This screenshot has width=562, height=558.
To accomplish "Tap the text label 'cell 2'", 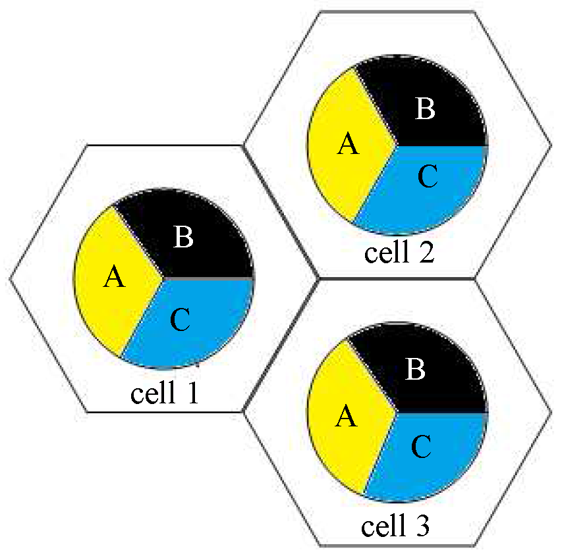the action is click(x=399, y=253).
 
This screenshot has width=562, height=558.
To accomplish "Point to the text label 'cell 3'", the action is click(x=396, y=526).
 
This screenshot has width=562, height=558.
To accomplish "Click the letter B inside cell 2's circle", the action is click(x=426, y=109).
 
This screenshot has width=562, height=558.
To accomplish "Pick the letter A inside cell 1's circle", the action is click(x=115, y=278).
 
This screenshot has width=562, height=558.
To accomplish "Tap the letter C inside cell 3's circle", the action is click(x=421, y=447).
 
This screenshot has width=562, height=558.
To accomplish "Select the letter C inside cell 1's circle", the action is click(x=180, y=320).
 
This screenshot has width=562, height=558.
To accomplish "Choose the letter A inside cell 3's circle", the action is click(x=347, y=417).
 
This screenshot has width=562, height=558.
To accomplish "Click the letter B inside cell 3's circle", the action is click(x=415, y=370).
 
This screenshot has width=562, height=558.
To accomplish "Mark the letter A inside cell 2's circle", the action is click(x=348, y=144).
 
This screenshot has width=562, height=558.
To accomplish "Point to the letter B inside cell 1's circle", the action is click(x=184, y=238).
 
